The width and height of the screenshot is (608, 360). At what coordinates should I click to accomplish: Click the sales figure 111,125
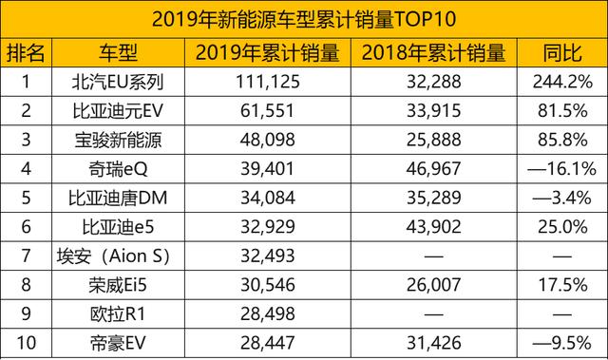pyautogui.click(x=267, y=82)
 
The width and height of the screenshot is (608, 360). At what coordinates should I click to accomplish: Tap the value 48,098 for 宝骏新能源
pyautogui.click(x=267, y=142)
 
